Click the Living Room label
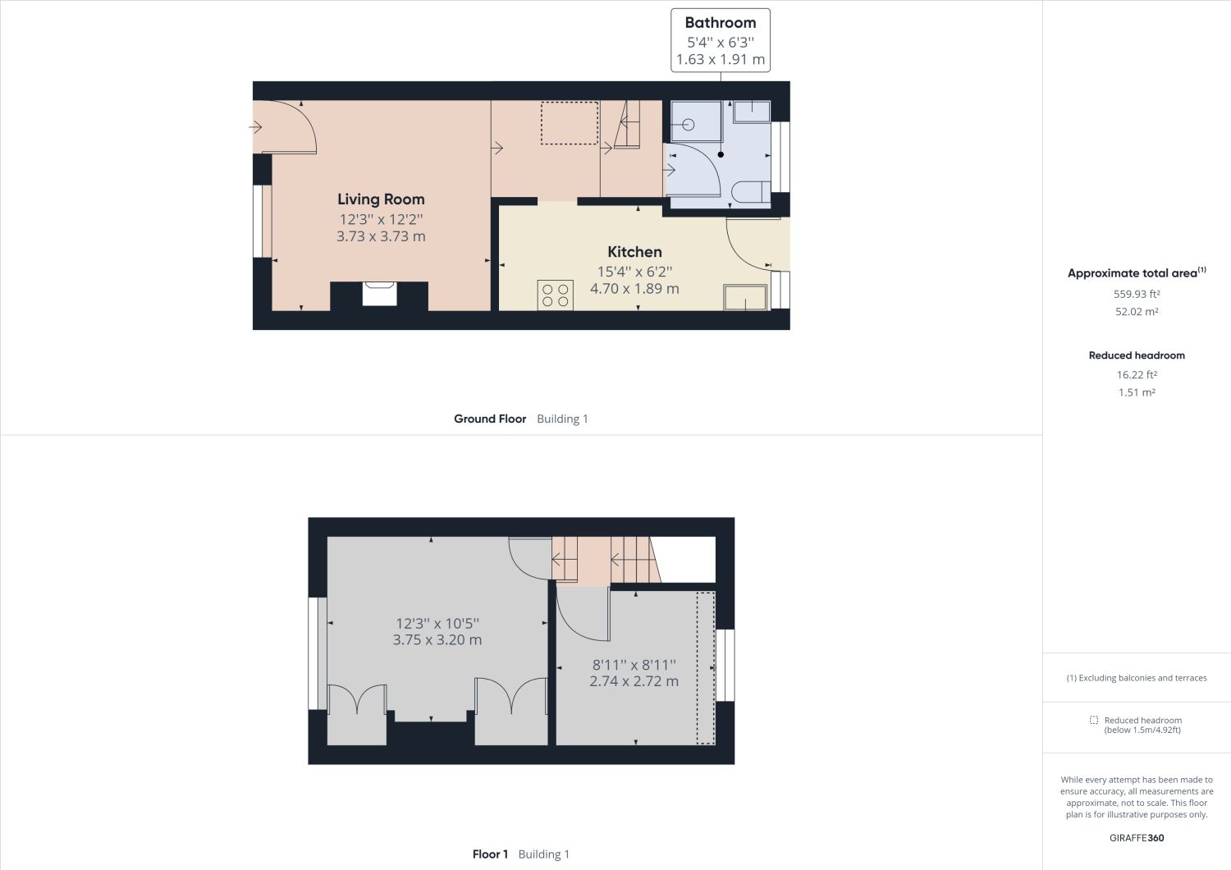click(381, 199)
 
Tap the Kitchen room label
click(634, 252)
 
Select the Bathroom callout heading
click(721, 23)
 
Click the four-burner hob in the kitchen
click(556, 295)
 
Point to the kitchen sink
click(744, 297)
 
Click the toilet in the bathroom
click(748, 192)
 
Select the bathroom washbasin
click(751, 112)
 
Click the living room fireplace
click(379, 294)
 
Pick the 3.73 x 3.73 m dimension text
click(381, 236)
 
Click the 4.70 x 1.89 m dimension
click(634, 289)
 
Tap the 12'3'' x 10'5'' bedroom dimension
click(437, 623)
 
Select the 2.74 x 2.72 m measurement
click(634, 681)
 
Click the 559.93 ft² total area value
click(1137, 294)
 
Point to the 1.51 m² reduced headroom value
click(1137, 392)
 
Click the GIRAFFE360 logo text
click(1137, 838)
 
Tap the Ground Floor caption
click(490, 419)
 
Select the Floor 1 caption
click(491, 854)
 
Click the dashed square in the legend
click(1093, 720)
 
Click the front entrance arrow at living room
click(256, 127)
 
